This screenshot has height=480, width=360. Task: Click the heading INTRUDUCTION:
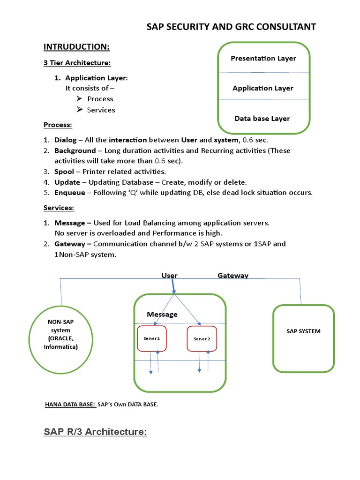(76, 46)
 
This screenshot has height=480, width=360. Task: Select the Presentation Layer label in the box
(263, 59)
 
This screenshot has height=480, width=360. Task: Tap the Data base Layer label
(262, 119)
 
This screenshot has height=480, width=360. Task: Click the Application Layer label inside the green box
(263, 88)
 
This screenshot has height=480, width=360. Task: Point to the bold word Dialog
(65, 140)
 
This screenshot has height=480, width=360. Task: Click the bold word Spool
(64, 172)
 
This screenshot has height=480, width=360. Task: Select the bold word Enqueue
(70, 193)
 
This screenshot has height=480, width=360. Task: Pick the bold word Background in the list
(75, 150)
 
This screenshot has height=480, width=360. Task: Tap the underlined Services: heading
(59, 208)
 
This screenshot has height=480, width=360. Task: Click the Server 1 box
(152, 338)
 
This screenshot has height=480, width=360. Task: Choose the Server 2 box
(202, 339)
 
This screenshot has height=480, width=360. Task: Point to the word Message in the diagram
(162, 314)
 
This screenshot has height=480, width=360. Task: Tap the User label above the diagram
(170, 276)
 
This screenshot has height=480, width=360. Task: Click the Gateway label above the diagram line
(233, 276)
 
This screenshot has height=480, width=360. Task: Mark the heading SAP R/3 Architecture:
(95, 432)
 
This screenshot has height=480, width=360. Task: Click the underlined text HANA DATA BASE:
(69, 405)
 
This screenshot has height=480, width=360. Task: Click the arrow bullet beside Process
(79, 99)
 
